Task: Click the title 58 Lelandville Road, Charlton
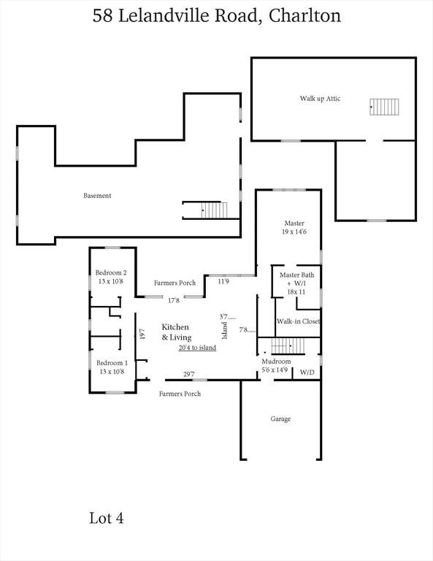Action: (x=217, y=16)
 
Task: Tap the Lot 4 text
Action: (x=106, y=518)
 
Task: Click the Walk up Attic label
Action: (x=320, y=99)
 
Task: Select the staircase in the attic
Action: (x=384, y=107)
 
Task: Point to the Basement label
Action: (x=97, y=196)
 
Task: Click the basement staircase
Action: (x=214, y=210)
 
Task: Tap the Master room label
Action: (x=294, y=223)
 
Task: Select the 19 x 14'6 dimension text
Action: (x=294, y=232)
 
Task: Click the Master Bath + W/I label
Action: (x=296, y=283)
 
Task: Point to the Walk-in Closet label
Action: (x=298, y=321)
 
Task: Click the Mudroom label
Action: (x=276, y=362)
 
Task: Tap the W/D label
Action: (x=307, y=373)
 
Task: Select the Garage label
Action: (x=280, y=419)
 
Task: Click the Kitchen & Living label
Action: (x=177, y=332)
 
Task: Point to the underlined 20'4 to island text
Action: (x=197, y=348)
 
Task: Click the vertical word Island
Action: (x=225, y=331)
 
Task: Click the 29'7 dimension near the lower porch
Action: (x=189, y=374)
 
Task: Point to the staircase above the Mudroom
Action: (x=288, y=346)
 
